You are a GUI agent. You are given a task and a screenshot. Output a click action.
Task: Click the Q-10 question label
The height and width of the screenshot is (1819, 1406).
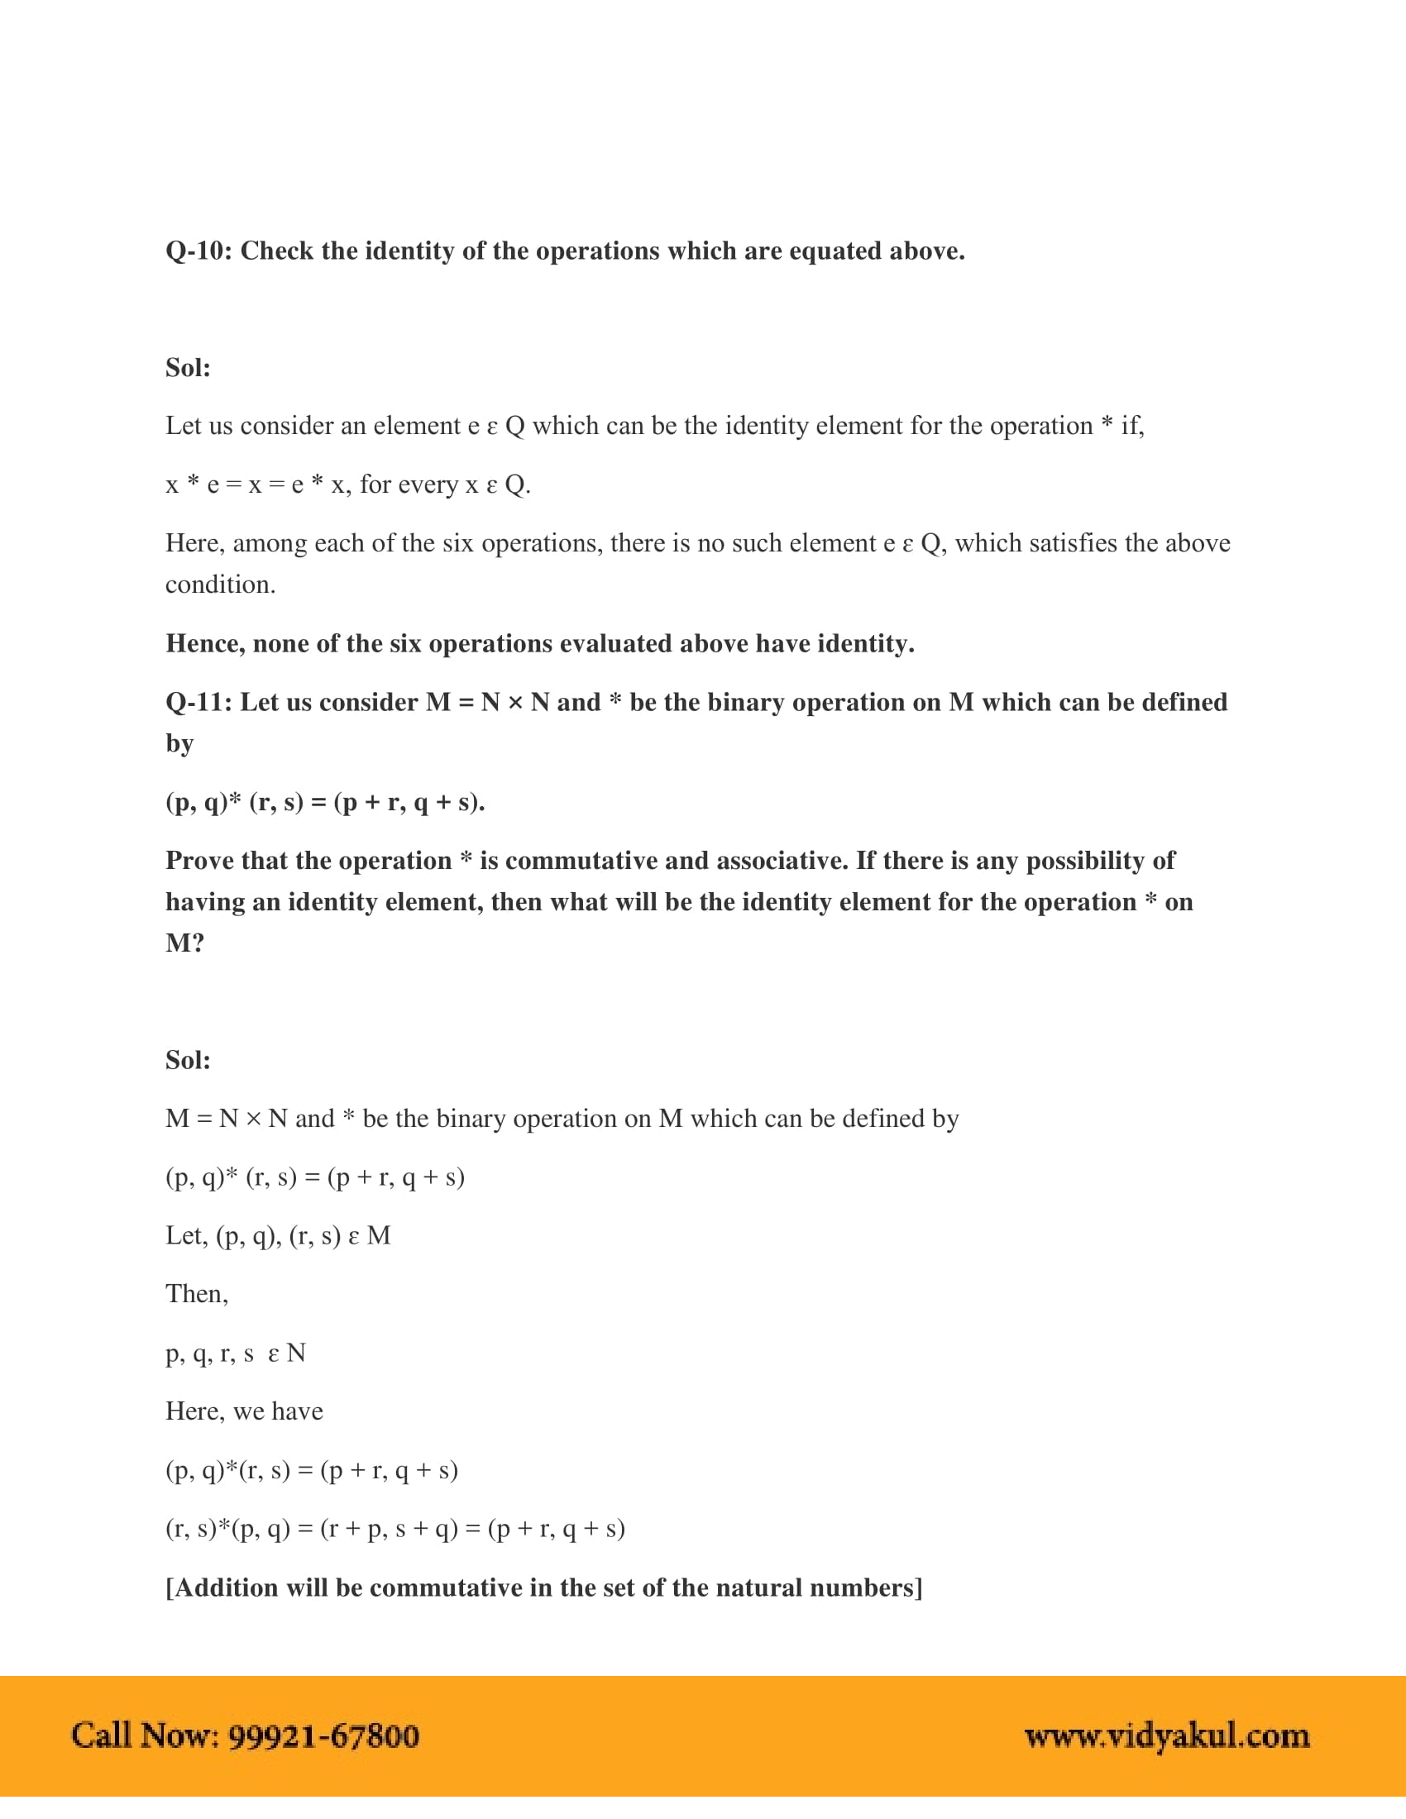point(198,251)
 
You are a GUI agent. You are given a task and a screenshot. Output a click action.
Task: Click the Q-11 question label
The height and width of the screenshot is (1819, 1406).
point(198,703)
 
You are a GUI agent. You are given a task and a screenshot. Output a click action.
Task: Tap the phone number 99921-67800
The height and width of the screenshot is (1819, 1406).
point(323,1736)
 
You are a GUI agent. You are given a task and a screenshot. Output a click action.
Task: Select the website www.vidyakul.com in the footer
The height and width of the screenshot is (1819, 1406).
point(1167,1736)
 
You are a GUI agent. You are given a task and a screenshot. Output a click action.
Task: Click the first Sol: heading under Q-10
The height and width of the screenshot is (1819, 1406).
point(189,368)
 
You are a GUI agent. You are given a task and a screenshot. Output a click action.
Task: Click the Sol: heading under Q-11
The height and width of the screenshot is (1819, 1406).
point(189,1060)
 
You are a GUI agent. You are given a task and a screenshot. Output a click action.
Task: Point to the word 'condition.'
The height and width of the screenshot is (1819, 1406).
point(220,585)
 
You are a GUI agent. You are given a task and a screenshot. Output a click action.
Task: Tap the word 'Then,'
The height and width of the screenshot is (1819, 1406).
point(197,1294)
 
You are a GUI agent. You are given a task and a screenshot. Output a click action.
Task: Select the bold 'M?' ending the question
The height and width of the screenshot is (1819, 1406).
point(185,943)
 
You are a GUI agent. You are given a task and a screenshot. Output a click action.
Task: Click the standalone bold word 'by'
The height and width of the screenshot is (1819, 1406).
point(179,744)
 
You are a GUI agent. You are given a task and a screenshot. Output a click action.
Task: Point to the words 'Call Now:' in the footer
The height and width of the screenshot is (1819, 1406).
point(145,1736)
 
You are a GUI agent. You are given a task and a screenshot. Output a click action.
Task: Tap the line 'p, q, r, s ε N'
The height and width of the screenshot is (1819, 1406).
point(236,1354)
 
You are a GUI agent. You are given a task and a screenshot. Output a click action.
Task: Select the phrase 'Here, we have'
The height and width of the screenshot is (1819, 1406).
point(244,1411)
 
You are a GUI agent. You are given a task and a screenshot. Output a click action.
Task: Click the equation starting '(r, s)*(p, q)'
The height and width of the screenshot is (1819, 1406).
point(395,1529)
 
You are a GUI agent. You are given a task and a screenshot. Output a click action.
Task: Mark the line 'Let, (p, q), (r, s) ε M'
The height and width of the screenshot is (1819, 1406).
point(277,1236)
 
